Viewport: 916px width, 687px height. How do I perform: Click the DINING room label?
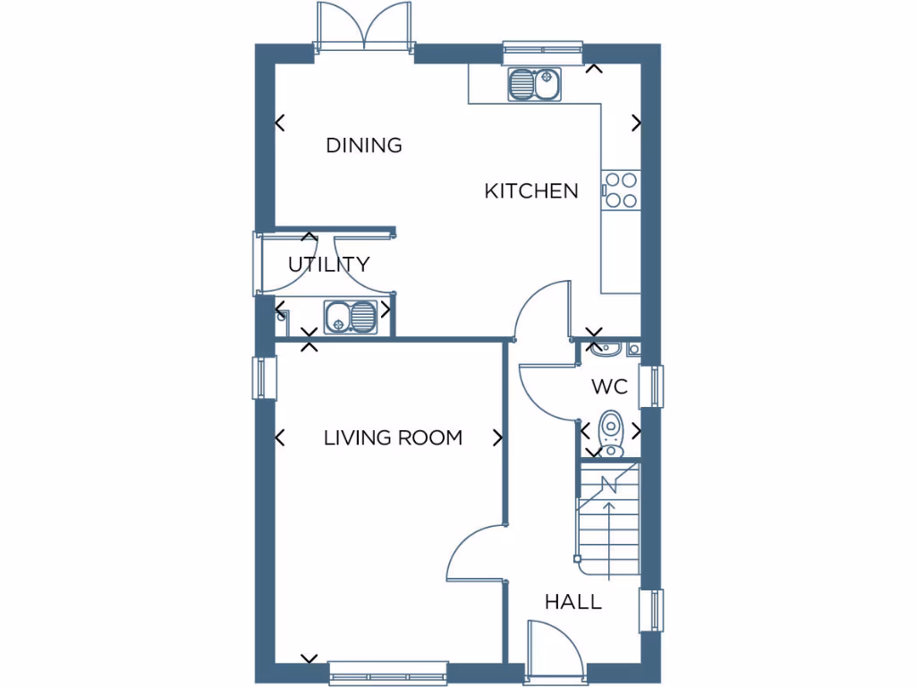(363, 145)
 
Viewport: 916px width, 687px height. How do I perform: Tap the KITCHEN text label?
(531, 191)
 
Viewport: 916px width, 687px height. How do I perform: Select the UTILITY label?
(328, 265)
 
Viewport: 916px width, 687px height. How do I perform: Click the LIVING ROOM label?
(393, 437)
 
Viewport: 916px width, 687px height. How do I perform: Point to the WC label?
(609, 387)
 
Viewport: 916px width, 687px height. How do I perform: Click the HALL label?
(573, 602)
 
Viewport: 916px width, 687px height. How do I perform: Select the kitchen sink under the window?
(535, 86)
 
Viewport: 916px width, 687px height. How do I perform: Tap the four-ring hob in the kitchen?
(621, 190)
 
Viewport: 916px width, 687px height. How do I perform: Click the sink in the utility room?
(351, 316)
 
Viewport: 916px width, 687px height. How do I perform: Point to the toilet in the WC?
(611, 432)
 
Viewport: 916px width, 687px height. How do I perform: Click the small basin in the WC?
(601, 347)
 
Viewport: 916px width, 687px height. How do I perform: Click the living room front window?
(387, 673)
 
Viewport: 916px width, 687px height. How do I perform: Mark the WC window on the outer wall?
(657, 386)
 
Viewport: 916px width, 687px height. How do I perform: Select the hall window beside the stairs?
(657, 611)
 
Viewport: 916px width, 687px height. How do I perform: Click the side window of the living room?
(260, 377)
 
